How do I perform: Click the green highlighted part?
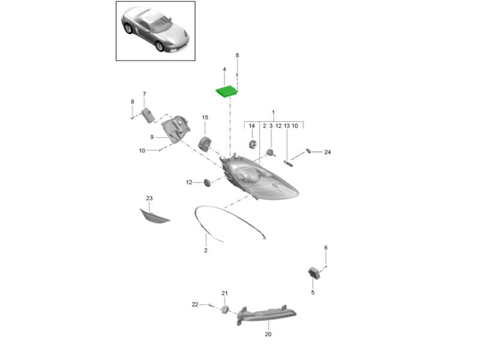[227, 92]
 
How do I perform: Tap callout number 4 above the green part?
[224, 70]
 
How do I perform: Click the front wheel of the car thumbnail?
[160, 46]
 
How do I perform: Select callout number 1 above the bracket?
[273, 112]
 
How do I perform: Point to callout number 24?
[328, 152]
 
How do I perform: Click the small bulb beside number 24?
[308, 151]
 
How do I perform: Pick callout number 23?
[149, 199]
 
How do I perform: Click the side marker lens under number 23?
[154, 217]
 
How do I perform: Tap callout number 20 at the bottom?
[268, 334]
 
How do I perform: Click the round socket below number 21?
[225, 309]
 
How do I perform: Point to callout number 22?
[194, 305]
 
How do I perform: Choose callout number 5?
[313, 292]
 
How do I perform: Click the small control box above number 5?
[314, 272]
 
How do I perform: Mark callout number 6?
[326, 248]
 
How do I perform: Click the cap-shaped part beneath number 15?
[205, 143]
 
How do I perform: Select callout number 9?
[152, 137]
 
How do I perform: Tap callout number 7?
[144, 94]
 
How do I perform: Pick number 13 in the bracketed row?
[287, 126]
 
